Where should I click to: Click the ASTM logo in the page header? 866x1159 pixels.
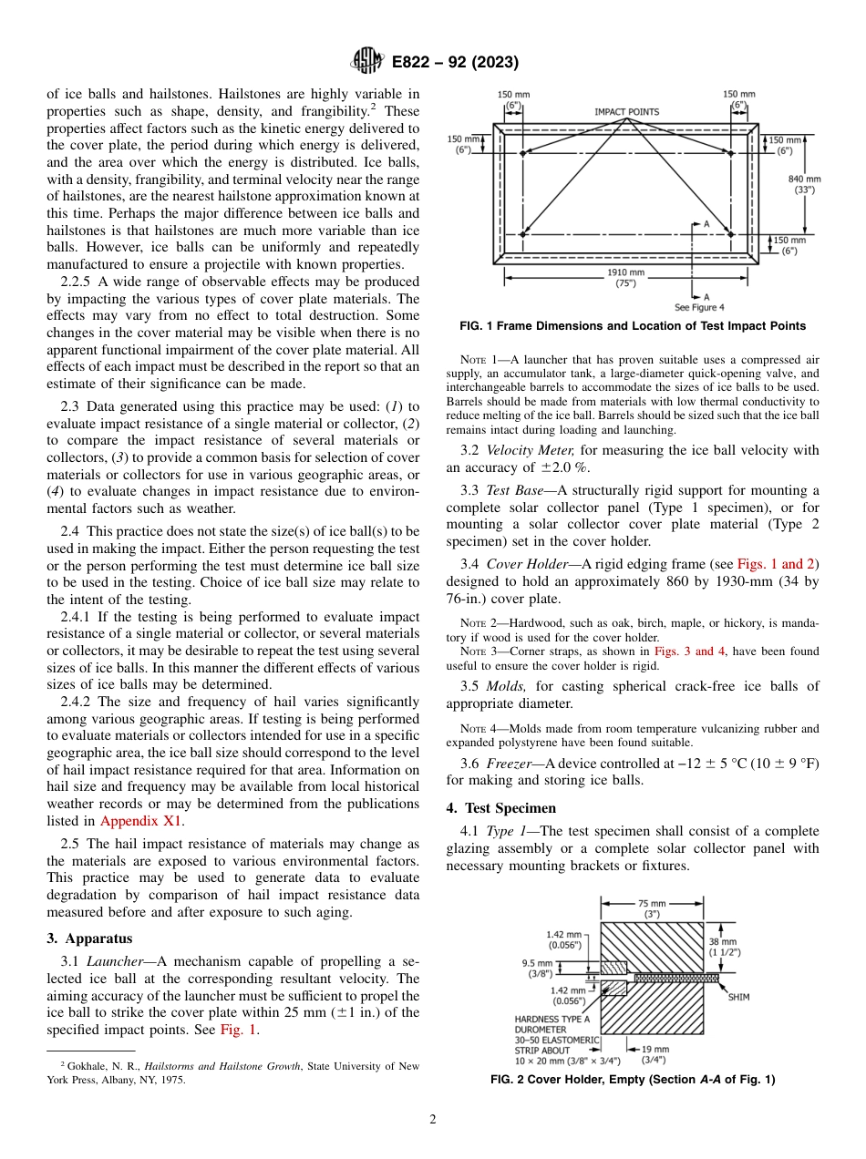click(x=367, y=62)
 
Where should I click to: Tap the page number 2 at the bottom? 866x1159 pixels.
click(x=433, y=1120)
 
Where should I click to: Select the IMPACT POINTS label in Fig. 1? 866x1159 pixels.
click(x=626, y=112)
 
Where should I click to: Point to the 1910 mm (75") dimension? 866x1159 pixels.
click(x=625, y=277)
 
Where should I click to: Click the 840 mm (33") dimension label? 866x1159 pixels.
click(x=805, y=185)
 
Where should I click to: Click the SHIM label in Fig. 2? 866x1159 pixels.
click(x=738, y=997)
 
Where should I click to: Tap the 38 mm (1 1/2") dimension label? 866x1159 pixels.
click(x=724, y=946)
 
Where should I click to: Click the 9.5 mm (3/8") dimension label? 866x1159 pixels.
click(x=537, y=968)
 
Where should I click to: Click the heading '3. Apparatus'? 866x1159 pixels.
click(x=89, y=938)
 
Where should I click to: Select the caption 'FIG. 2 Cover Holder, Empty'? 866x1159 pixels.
click(x=633, y=1080)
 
